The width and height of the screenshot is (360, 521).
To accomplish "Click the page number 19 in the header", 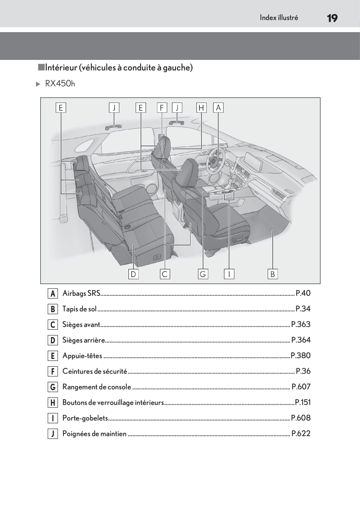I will pos(332,18).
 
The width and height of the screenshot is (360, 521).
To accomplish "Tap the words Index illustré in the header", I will pos(279,18).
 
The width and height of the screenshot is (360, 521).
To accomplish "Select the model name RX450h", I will pos(60,83).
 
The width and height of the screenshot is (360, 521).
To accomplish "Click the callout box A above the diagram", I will pos(218,108).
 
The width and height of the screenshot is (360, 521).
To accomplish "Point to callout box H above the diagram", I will pos(201,108).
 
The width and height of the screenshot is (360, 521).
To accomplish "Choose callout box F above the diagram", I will pos(162,108).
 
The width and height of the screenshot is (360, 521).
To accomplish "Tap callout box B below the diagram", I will pos(273,274).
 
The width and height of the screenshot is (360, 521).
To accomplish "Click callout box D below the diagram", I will pos(133,274).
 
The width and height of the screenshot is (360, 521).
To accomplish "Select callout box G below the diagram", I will pos(203,274).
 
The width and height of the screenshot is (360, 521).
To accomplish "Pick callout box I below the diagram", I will pos(229,274).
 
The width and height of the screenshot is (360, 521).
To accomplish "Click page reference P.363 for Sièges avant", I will pos(301,324).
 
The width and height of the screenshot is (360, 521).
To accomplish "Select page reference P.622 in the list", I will pos(301,433).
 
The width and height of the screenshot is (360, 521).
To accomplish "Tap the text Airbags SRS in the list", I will pos(81,293).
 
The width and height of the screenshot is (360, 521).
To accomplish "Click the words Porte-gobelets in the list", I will pos(85,418).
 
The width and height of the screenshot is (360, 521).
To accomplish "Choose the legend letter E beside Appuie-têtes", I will pos(53,356).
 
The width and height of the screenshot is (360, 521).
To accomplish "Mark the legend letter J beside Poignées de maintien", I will pos(53,434).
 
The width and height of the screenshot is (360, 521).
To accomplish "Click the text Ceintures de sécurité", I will pos(95,371).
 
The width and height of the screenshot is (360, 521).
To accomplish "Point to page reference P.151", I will pos(303,402).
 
